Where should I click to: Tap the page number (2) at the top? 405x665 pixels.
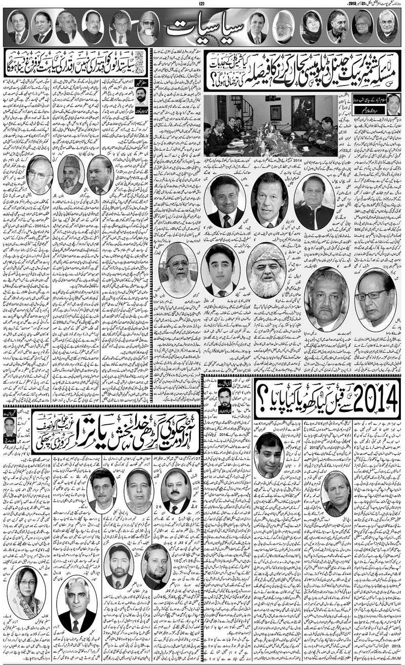[x=202, y=5]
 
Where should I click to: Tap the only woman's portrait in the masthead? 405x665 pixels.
[x=311, y=27]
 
